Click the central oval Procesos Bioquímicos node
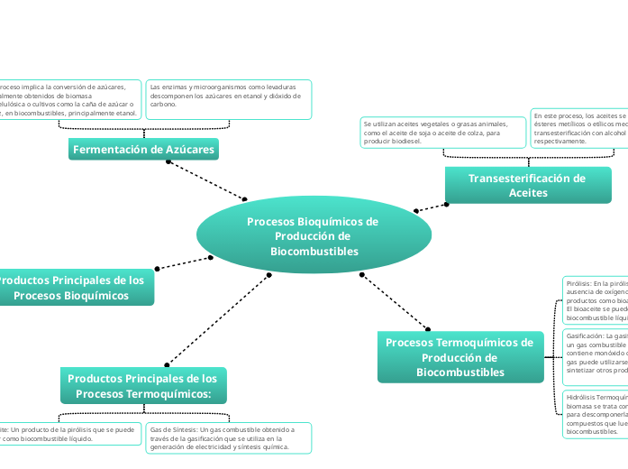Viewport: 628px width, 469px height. click(313, 235)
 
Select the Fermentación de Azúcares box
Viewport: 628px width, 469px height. click(143, 150)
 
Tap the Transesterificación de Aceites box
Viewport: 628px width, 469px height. click(527, 185)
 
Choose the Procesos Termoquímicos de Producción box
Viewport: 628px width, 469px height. click(460, 356)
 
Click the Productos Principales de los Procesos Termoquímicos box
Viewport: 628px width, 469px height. click(142, 386)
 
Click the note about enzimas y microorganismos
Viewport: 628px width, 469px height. click(228, 98)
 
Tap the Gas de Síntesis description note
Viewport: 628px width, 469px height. click(228, 437)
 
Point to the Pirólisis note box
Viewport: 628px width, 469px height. click(595, 299)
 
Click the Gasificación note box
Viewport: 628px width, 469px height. click(595, 356)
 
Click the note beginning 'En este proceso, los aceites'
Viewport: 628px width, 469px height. click(578, 128)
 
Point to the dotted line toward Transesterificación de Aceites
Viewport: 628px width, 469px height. click(431, 207)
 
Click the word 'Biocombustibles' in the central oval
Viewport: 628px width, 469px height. click(314, 251)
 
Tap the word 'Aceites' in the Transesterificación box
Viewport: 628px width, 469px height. click(527, 193)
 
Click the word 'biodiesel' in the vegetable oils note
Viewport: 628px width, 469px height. click(402, 142)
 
